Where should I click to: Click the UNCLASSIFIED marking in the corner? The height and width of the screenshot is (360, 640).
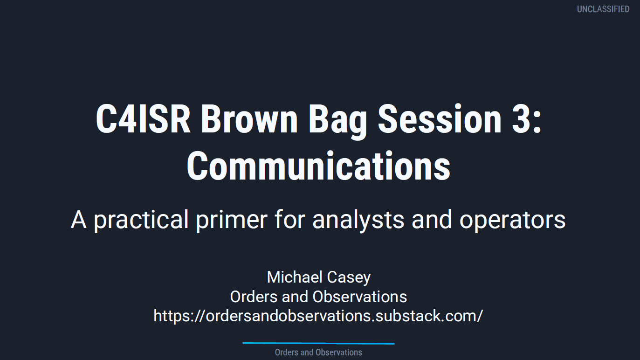[603, 9]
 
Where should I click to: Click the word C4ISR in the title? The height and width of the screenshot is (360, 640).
[143, 118]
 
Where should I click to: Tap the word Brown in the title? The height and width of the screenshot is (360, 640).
[249, 118]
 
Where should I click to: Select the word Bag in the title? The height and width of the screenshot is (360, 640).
[337, 122]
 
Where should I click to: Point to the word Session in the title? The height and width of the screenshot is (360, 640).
[440, 118]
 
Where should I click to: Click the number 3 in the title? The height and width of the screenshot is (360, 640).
[521, 118]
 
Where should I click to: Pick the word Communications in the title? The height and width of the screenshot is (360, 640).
[318, 166]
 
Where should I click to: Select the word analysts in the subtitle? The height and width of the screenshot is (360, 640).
[358, 220]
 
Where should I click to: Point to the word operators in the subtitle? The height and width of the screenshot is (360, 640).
[513, 221]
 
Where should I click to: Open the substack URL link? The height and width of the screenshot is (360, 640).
[318, 316]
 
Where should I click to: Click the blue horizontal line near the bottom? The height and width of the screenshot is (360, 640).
[318, 343]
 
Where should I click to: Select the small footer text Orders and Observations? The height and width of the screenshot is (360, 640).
[318, 352]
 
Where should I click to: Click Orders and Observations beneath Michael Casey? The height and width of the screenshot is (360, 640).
[318, 297]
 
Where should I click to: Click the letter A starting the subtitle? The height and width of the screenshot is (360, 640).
[79, 220]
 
